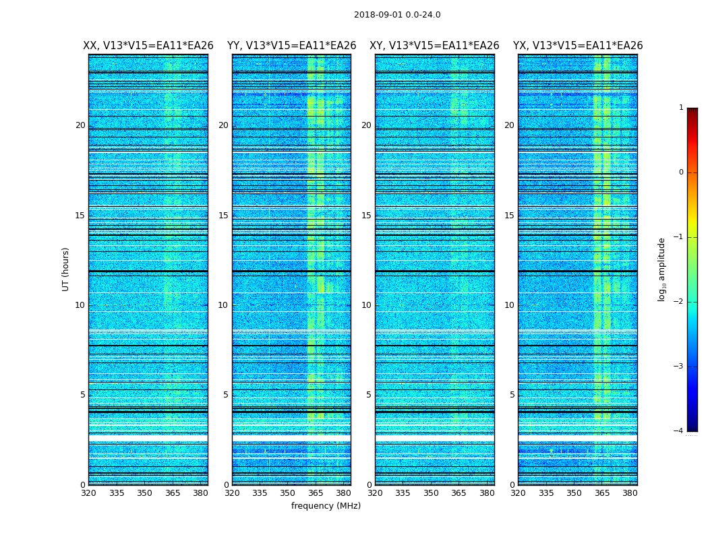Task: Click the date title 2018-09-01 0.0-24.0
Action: tap(397, 15)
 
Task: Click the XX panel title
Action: tap(148, 46)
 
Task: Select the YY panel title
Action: tap(291, 46)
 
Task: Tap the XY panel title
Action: tap(434, 46)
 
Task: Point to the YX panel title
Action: tap(578, 46)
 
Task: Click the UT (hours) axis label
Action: tap(66, 269)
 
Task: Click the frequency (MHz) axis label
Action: tap(326, 506)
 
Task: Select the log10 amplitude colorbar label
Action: tap(662, 269)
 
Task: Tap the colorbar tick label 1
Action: tap(681, 108)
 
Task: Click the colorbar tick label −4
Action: tap(679, 431)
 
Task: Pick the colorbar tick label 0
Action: tap(681, 172)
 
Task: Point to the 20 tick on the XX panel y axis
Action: tap(80, 125)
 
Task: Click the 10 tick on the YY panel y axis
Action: tap(223, 305)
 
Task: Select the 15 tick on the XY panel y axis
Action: tap(366, 216)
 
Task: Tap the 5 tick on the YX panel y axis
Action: tap(512, 395)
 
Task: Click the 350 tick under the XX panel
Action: tap(144, 493)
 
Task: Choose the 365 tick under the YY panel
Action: tap(316, 493)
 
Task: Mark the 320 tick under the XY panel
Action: tap(376, 493)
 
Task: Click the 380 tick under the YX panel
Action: tap(630, 493)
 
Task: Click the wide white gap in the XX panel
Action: tap(148, 438)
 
